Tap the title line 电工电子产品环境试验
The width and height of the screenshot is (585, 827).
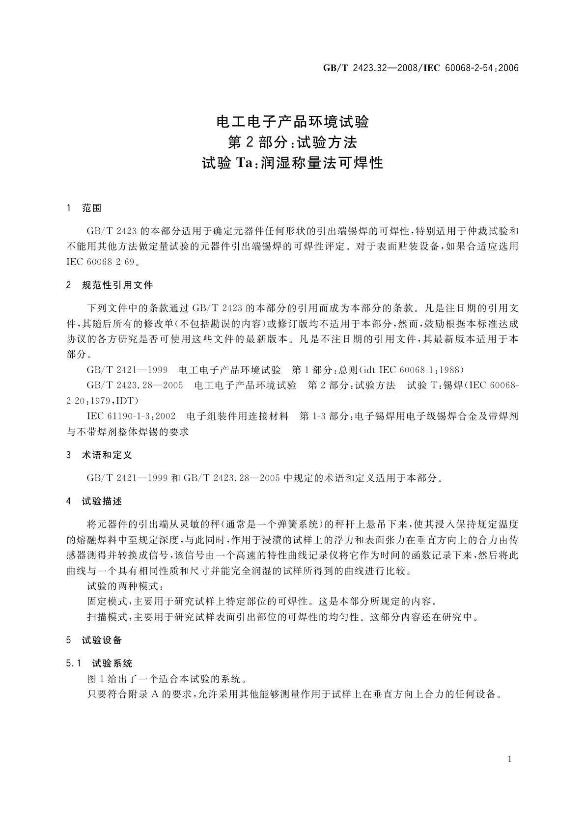293,121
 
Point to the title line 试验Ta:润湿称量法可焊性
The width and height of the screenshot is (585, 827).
293,163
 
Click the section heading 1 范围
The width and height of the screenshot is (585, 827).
84,208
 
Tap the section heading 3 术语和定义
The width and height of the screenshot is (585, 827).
99,455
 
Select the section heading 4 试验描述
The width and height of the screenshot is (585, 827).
94,501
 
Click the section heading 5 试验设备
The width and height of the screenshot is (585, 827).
94,640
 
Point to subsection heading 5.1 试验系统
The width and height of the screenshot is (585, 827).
99,663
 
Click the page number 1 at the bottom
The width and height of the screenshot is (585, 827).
510,759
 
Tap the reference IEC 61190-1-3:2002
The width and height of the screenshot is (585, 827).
131,416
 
